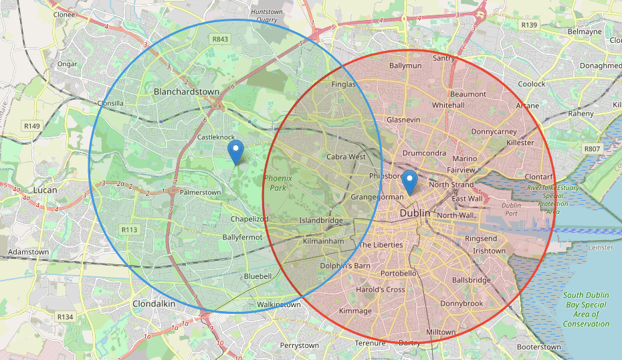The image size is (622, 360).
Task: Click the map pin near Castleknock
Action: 235,151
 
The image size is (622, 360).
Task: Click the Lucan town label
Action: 45,189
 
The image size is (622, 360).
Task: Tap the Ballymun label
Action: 405,66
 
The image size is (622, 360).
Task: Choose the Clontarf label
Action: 540,177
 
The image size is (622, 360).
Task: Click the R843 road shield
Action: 219,39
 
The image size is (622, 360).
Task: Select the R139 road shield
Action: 529,25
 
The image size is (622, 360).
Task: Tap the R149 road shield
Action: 32,126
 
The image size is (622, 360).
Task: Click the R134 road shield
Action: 65,317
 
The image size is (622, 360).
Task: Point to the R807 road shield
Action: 591,149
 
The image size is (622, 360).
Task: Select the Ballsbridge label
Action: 472,280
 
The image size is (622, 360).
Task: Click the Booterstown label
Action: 539,347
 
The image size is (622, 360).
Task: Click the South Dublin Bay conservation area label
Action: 586,310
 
